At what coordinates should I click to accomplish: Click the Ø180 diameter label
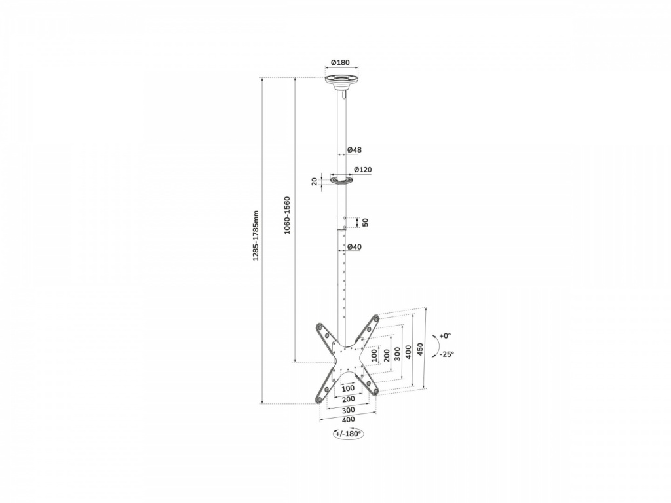coord(340,62)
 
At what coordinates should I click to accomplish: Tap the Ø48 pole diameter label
coord(355,150)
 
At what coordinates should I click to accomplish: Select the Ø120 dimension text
coord(363,170)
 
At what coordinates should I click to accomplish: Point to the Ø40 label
coord(355,247)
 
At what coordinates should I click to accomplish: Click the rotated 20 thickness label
coord(315,181)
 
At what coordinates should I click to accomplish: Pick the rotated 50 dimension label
coord(365,223)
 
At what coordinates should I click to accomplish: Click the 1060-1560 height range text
coord(287,215)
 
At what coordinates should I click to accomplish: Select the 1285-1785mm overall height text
coord(256,236)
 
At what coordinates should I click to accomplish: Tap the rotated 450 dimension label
coord(420,350)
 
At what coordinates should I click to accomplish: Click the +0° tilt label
coord(445,336)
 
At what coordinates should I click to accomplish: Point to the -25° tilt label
coord(447,354)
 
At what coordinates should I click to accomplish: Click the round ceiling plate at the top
coord(341,81)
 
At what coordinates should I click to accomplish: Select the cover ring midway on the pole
coord(342,179)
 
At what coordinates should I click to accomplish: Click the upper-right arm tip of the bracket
coord(375,319)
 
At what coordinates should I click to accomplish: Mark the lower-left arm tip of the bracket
coord(319,399)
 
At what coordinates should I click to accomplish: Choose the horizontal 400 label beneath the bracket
coord(349,420)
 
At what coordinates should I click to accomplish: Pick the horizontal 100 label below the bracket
coord(349,388)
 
